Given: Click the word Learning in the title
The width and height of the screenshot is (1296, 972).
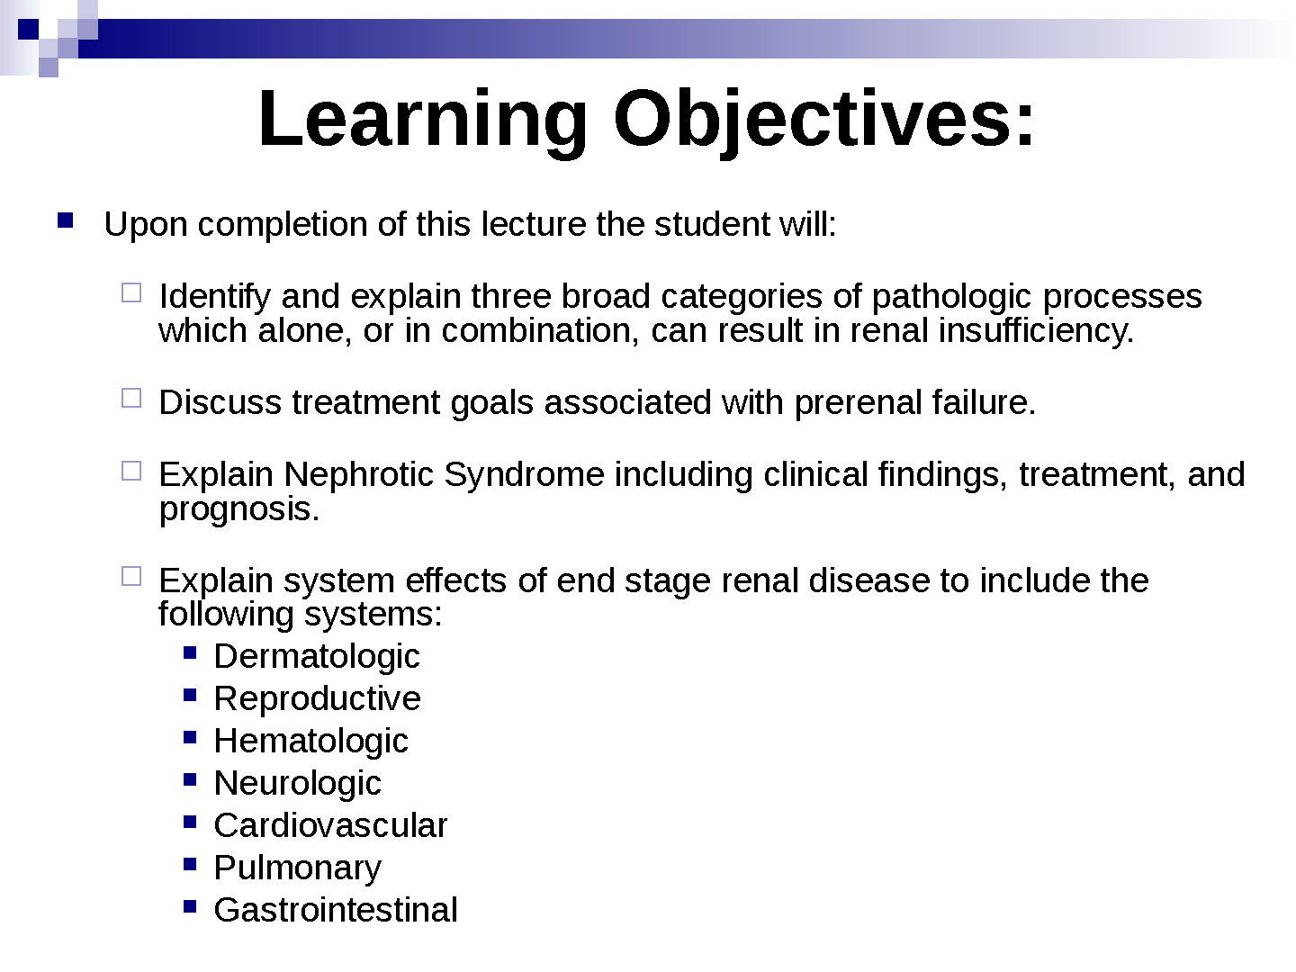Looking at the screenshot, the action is (x=423, y=121).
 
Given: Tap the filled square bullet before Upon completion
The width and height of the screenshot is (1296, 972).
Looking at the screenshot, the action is (x=65, y=220).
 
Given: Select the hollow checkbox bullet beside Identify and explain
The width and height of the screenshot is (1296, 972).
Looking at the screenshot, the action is (x=131, y=293).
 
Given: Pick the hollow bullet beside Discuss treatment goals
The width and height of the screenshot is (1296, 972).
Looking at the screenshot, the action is (x=131, y=399).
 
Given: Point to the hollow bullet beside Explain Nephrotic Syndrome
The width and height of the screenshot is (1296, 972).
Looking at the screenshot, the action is (x=131, y=471).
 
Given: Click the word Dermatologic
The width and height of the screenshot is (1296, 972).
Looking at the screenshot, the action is (x=317, y=657).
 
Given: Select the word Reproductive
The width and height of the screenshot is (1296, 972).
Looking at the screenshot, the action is (x=317, y=698).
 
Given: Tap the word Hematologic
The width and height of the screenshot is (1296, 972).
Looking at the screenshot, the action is (x=310, y=742).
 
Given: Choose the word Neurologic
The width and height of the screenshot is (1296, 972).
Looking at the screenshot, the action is (x=298, y=784).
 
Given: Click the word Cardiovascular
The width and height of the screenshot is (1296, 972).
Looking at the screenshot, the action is (x=330, y=825).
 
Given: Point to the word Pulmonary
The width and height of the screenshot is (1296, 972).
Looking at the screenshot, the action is (x=298, y=868).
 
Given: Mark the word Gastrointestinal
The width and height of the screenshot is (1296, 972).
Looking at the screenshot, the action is (x=336, y=909).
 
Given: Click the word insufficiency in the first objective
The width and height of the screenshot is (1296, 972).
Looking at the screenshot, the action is (x=1036, y=331).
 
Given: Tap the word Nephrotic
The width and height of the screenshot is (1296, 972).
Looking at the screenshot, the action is (x=358, y=474).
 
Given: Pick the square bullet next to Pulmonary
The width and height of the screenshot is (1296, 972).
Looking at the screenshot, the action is (x=190, y=864).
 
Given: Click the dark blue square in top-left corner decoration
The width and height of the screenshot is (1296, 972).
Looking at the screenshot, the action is (x=28, y=29).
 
